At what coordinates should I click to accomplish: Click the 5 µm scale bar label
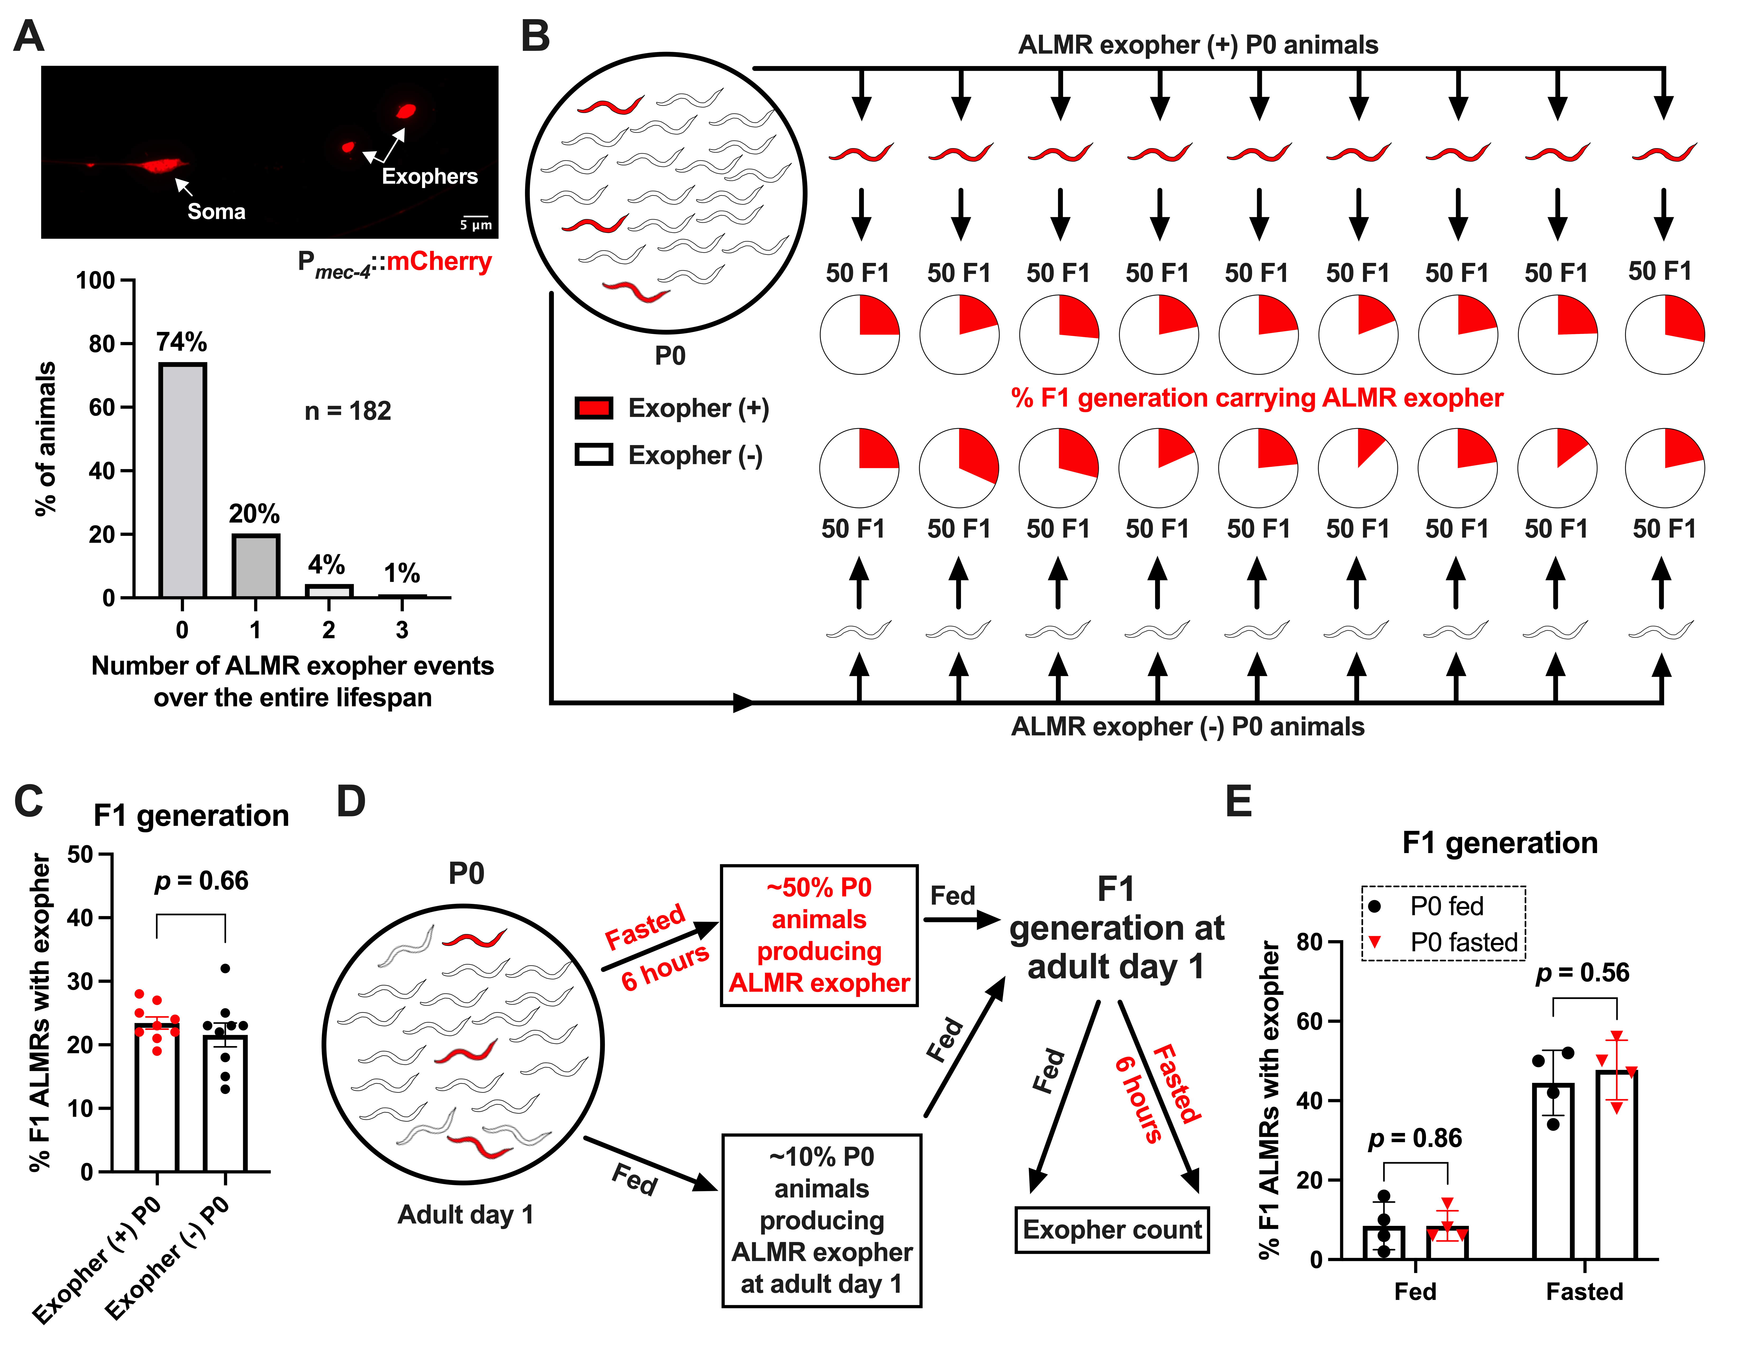[476, 225]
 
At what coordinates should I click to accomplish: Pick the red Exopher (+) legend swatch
[593, 408]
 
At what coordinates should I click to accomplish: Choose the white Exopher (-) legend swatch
[593, 455]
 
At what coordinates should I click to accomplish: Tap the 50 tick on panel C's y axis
[80, 855]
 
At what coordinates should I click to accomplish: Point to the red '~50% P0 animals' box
[819, 935]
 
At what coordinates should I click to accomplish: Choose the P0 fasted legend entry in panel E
[1443, 942]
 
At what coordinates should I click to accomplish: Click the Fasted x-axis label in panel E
[1584, 1291]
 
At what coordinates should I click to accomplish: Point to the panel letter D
[351, 802]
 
